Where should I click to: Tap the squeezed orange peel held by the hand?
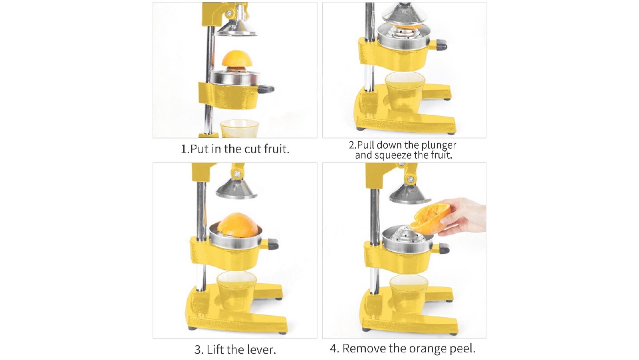click(x=431, y=217)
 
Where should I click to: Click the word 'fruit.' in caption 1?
click(x=276, y=149)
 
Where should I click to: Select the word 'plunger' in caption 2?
click(x=439, y=145)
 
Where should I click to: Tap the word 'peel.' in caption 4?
click(x=462, y=348)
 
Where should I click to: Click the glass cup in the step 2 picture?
click(x=404, y=92)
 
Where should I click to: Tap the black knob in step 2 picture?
click(x=441, y=45)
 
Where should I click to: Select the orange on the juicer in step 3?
click(x=237, y=225)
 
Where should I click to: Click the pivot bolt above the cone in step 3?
click(x=237, y=174)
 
